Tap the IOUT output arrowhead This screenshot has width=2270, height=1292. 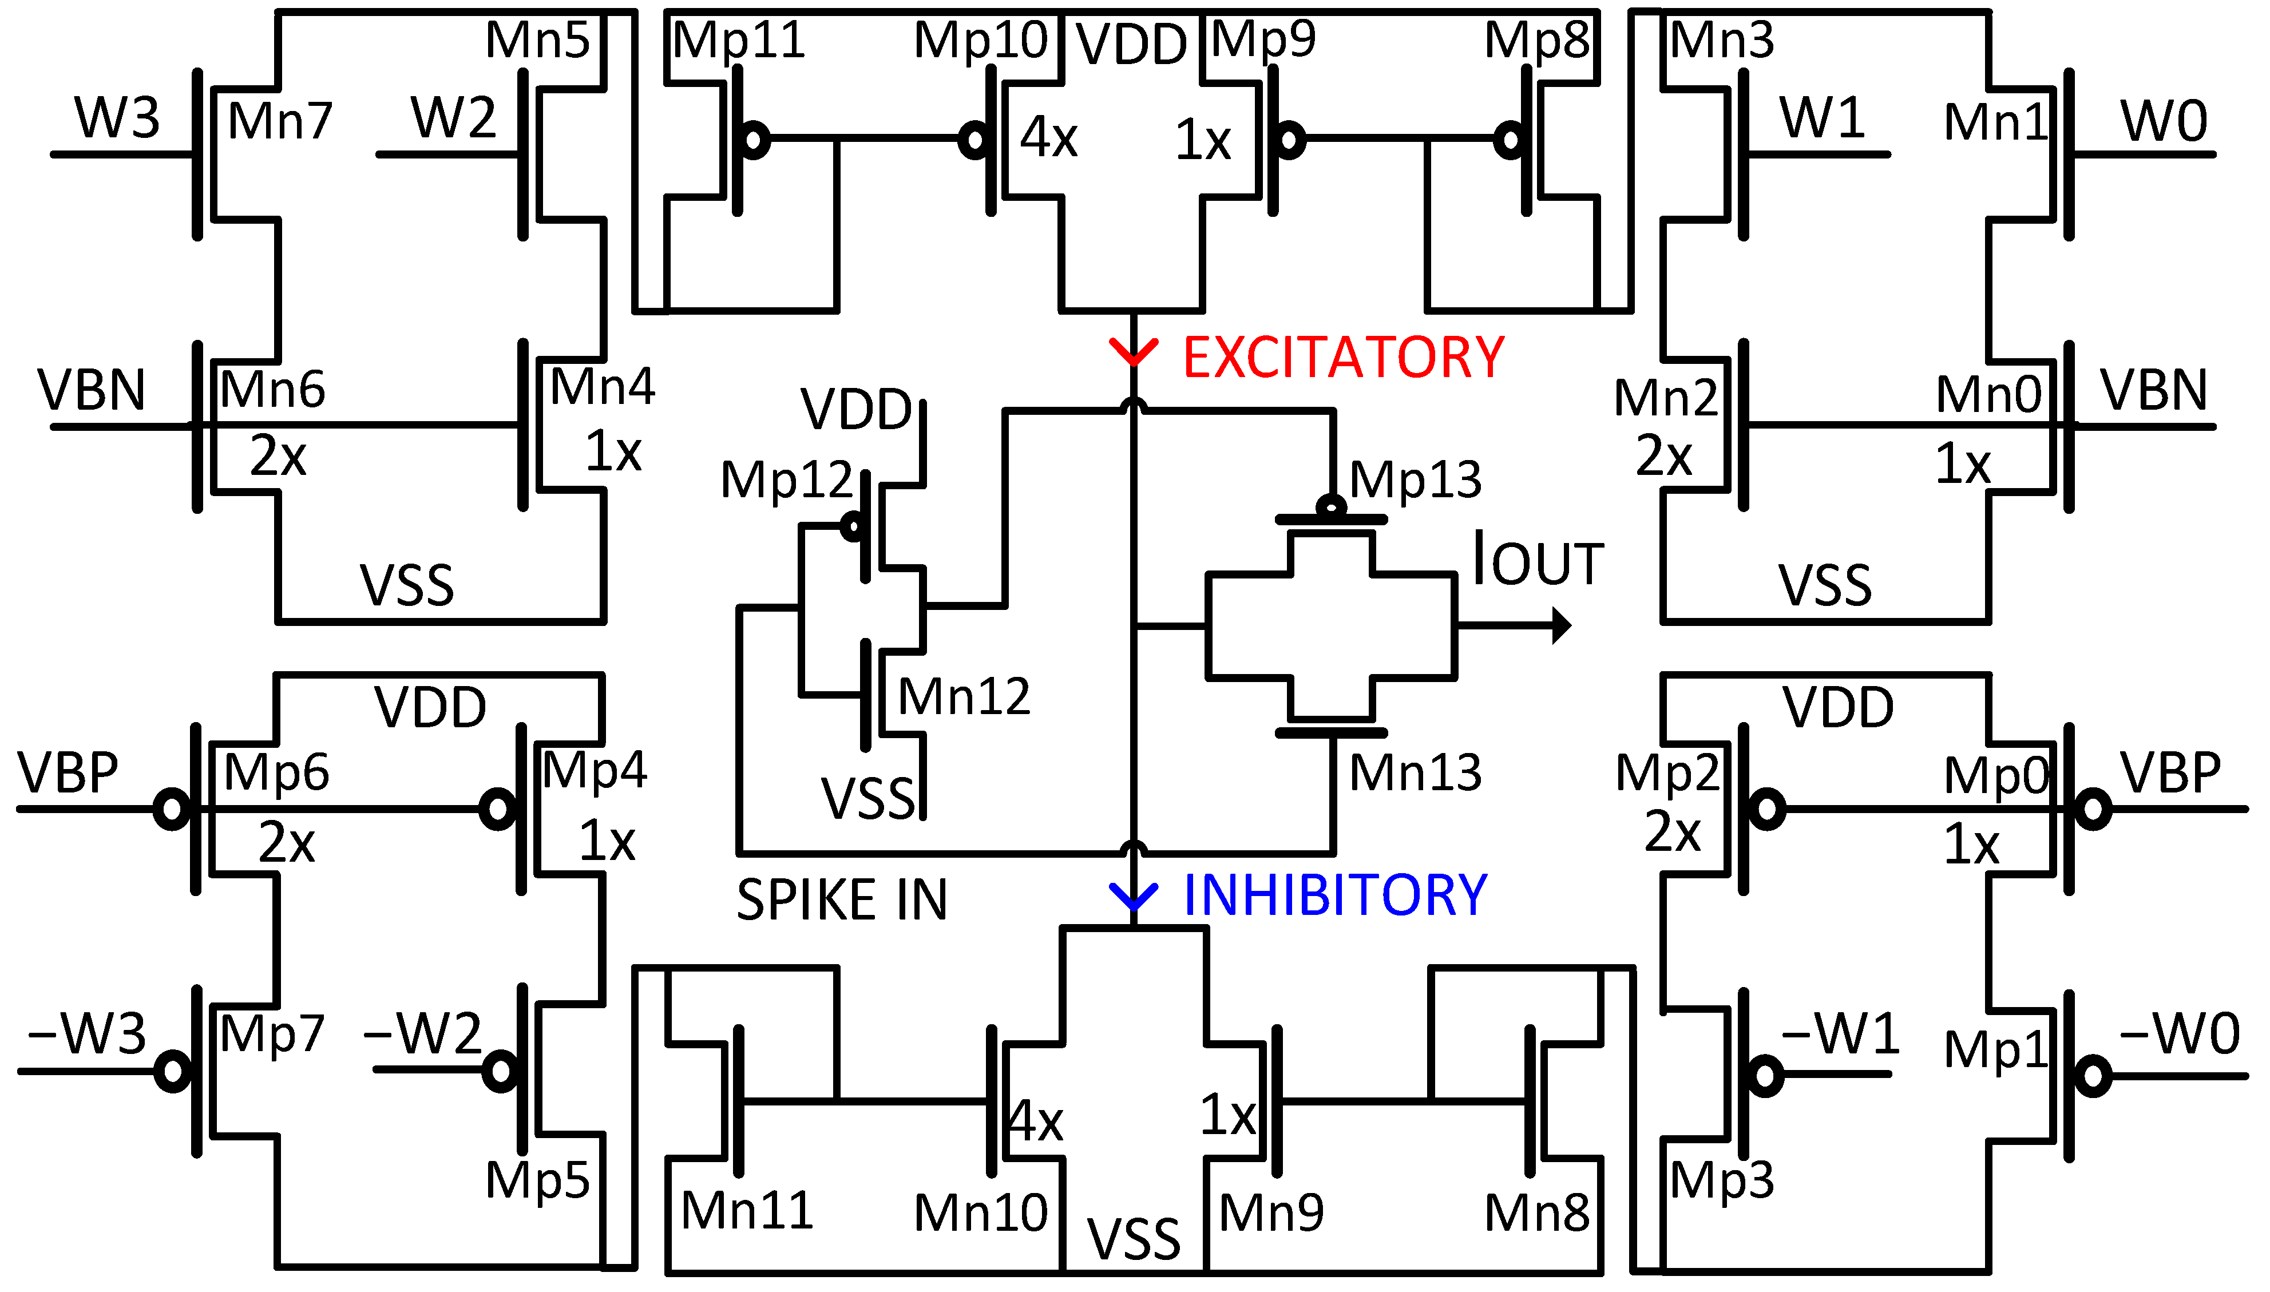pos(1561,625)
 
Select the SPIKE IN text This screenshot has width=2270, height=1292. pos(841,900)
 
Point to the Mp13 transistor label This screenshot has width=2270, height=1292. pos(1415,480)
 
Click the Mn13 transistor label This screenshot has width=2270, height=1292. pos(1415,772)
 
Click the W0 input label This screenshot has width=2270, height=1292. pos(2164,121)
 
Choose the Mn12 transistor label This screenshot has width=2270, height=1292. pos(963,696)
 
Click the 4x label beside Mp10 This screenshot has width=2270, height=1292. pos(1048,137)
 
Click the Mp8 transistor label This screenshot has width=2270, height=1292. pos(1537,40)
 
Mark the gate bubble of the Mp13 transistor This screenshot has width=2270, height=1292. pos(1330,507)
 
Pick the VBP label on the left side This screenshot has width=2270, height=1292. pos(68,772)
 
